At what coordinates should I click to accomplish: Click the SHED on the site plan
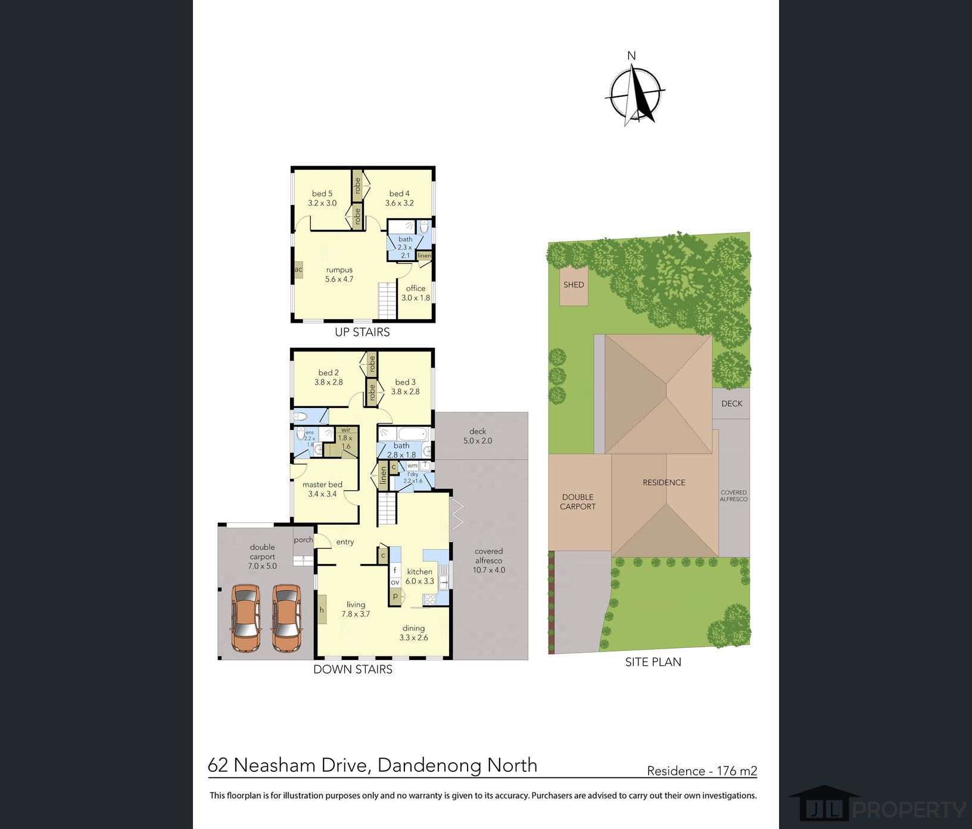(574, 285)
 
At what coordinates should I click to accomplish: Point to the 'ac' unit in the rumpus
(298, 270)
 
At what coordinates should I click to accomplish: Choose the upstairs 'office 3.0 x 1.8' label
(416, 293)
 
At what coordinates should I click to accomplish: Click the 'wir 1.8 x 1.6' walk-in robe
(345, 438)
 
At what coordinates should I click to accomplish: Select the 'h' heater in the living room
(322, 609)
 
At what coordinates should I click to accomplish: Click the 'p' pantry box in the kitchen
(395, 596)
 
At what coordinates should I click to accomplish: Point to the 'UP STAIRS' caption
(362, 332)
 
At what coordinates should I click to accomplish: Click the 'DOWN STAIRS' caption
(353, 669)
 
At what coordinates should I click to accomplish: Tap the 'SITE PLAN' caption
(653, 662)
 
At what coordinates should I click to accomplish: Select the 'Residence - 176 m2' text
(702, 771)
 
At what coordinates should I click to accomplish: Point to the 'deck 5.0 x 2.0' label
(478, 436)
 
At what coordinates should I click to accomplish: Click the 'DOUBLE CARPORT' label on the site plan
(578, 501)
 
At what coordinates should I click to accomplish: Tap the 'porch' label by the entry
(303, 540)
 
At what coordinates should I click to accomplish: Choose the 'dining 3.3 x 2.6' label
(413, 632)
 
